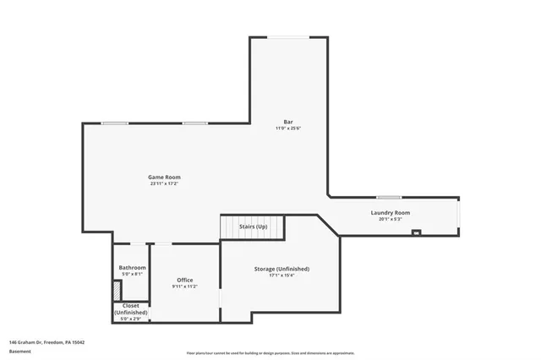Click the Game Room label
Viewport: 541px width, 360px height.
(164, 177)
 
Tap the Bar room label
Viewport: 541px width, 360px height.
(288, 122)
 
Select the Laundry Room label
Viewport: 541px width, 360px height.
(390, 213)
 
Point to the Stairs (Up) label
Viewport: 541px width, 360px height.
(254, 226)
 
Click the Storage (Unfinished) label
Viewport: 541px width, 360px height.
(281, 269)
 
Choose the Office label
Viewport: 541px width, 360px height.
(184, 280)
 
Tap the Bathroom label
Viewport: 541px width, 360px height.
(132, 268)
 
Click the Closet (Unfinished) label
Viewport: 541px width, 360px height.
(131, 308)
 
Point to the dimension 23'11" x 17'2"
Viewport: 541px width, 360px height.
(164, 183)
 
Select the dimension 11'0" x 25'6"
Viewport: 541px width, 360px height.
(288, 128)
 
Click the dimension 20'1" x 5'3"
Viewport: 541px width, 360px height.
(390, 220)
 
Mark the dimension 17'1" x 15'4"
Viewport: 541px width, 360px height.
(281, 275)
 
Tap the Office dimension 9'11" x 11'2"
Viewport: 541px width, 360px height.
(184, 286)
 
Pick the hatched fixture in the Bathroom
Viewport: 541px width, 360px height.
(117, 289)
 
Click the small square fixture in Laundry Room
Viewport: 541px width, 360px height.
(415, 232)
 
